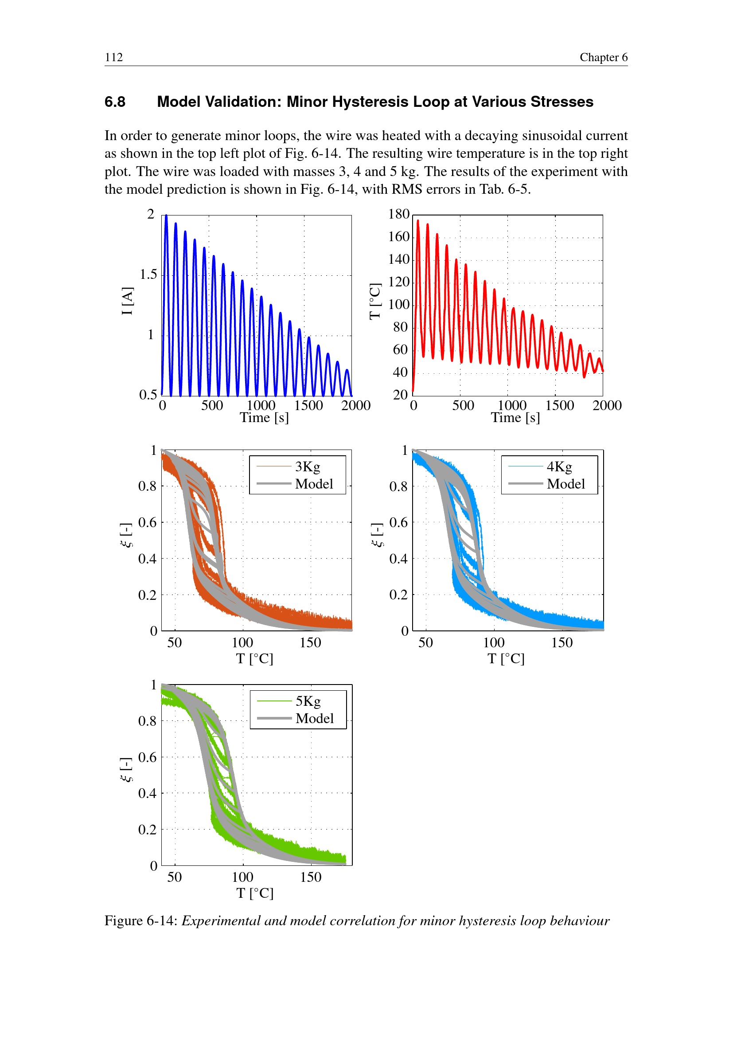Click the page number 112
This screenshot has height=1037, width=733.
click(114, 57)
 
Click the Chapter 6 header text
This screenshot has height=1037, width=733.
click(603, 57)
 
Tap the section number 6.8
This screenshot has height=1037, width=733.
click(115, 102)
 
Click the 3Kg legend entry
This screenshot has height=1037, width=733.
click(308, 466)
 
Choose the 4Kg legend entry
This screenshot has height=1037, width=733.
click(559, 466)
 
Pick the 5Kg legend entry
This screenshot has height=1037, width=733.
click(308, 701)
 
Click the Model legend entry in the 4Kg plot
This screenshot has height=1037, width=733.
click(565, 484)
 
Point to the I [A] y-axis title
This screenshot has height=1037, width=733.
click(127, 301)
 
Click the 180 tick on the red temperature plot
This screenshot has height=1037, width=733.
click(398, 214)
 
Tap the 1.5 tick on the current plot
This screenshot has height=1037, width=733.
click(148, 274)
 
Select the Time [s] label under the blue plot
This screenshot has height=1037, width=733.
click(264, 418)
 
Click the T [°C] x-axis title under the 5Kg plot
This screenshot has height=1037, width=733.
click(255, 893)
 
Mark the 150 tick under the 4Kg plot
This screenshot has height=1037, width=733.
click(561, 642)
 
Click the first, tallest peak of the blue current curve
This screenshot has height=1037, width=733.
click(166, 216)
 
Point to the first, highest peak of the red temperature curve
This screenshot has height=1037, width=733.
click(418, 221)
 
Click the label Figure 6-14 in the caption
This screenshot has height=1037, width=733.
click(141, 920)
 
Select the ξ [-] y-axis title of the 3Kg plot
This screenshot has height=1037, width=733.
click(127, 535)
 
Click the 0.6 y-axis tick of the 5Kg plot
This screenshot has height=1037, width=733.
click(147, 757)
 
